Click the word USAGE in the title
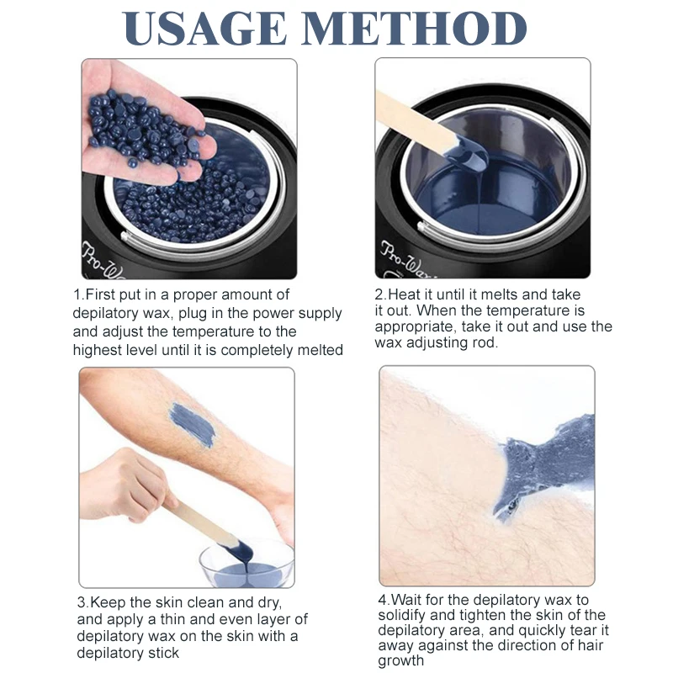pyautogui.click(x=204, y=29)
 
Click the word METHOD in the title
pyautogui.click(x=415, y=29)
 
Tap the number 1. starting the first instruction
pyautogui.click(x=79, y=295)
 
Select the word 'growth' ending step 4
pyautogui.click(x=401, y=661)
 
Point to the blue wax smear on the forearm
pyautogui.click(x=193, y=425)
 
